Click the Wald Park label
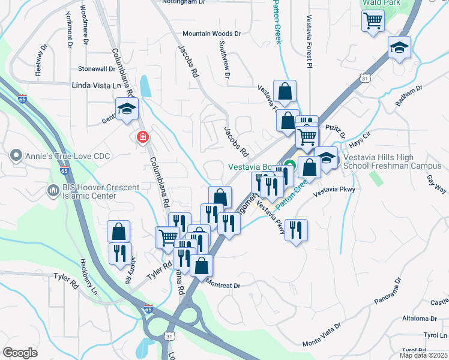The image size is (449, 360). click(x=381, y=3)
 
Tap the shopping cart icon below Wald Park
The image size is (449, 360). click(x=373, y=22)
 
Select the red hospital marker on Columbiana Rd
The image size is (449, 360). click(x=143, y=137)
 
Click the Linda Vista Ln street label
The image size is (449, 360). click(x=96, y=86)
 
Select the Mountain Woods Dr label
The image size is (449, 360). click(x=211, y=34)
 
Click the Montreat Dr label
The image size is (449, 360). click(x=222, y=286)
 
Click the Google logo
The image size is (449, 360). click(x=20, y=353)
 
